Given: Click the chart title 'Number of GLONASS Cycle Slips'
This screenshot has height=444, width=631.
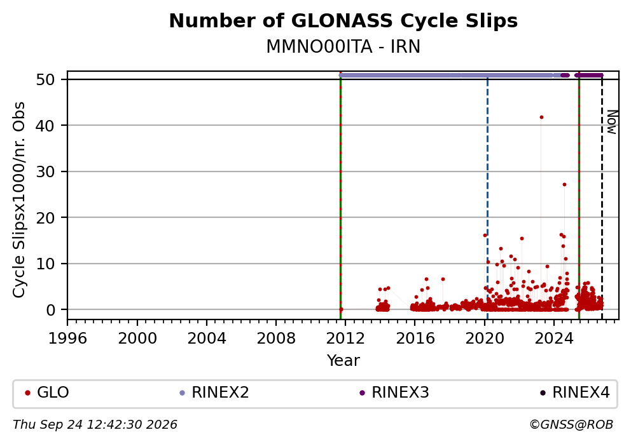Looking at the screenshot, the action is pos(343,21).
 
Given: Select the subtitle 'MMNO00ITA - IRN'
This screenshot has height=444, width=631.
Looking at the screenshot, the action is pos(343,46).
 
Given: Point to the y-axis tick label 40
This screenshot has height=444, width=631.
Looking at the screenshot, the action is pos(45,125).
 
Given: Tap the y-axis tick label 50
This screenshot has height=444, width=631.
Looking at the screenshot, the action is pos(45,79).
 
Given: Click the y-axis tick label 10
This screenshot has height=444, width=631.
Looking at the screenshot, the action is pos(45,264).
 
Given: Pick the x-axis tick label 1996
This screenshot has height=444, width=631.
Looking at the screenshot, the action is pos(67,339).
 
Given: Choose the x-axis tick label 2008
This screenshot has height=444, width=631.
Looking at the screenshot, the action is pos(276,339).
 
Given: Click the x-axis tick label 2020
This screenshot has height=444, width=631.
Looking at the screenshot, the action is pos(485,339).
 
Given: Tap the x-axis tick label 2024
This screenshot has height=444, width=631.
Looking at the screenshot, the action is pos(554,339).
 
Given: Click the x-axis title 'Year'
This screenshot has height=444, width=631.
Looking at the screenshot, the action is pos(343,360).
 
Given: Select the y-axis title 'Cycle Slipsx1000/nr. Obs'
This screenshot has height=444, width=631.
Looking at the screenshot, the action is pos(18,199).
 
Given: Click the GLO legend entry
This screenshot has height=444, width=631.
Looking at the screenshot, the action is pos(47,393).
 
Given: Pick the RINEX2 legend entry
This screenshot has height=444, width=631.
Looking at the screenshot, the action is pos(214,393).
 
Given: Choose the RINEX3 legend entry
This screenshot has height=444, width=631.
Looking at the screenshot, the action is pos(394,393).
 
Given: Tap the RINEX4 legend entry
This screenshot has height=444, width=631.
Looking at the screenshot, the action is pos(575,393).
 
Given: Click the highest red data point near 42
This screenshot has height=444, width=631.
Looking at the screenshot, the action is pos(541,118).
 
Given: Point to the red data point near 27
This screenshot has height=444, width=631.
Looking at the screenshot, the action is pos(564,184).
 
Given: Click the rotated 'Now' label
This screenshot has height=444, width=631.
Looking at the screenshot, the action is pos(612,122).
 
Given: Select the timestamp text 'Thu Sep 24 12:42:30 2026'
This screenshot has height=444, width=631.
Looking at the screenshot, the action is pos(95,425).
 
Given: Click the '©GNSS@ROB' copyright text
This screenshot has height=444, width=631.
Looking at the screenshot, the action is pos(571,425).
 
